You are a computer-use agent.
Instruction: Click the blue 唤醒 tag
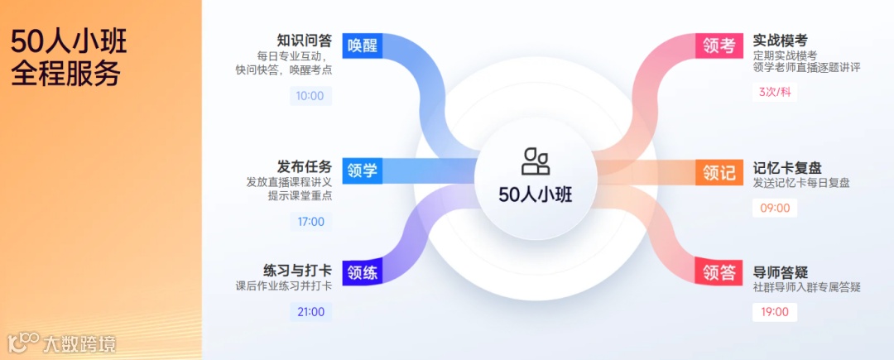(362, 46)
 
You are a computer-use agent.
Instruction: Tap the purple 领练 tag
(362, 272)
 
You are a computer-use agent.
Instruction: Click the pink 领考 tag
(719, 46)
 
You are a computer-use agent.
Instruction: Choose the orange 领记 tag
(719, 172)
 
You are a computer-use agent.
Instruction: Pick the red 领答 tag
(719, 272)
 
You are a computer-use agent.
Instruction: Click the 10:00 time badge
(310, 96)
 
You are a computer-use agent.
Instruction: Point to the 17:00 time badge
(310, 221)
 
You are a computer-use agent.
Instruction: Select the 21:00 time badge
(310, 312)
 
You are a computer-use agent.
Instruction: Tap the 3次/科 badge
(775, 92)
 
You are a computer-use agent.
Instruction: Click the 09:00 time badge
(775, 208)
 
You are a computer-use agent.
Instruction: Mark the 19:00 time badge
(775, 312)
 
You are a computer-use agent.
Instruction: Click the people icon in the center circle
(536, 161)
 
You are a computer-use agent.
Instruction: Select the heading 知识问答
(304, 41)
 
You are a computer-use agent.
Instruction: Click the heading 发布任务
(304, 166)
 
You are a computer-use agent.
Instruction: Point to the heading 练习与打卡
(297, 271)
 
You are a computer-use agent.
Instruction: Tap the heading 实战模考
(780, 41)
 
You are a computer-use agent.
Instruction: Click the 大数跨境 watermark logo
(61, 342)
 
